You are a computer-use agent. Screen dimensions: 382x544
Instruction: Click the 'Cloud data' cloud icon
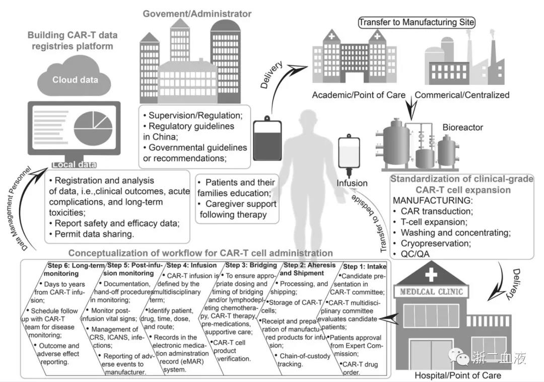tap(76, 78)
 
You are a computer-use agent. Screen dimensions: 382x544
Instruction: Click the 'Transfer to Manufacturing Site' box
tap(417, 22)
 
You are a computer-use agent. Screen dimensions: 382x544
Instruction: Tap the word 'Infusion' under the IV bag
tap(353, 183)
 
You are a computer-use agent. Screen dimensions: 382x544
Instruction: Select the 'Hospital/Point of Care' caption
tap(457, 375)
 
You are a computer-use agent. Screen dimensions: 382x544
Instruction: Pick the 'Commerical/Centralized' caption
tap(462, 95)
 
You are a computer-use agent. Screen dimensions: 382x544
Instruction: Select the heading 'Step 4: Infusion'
tap(192, 265)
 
